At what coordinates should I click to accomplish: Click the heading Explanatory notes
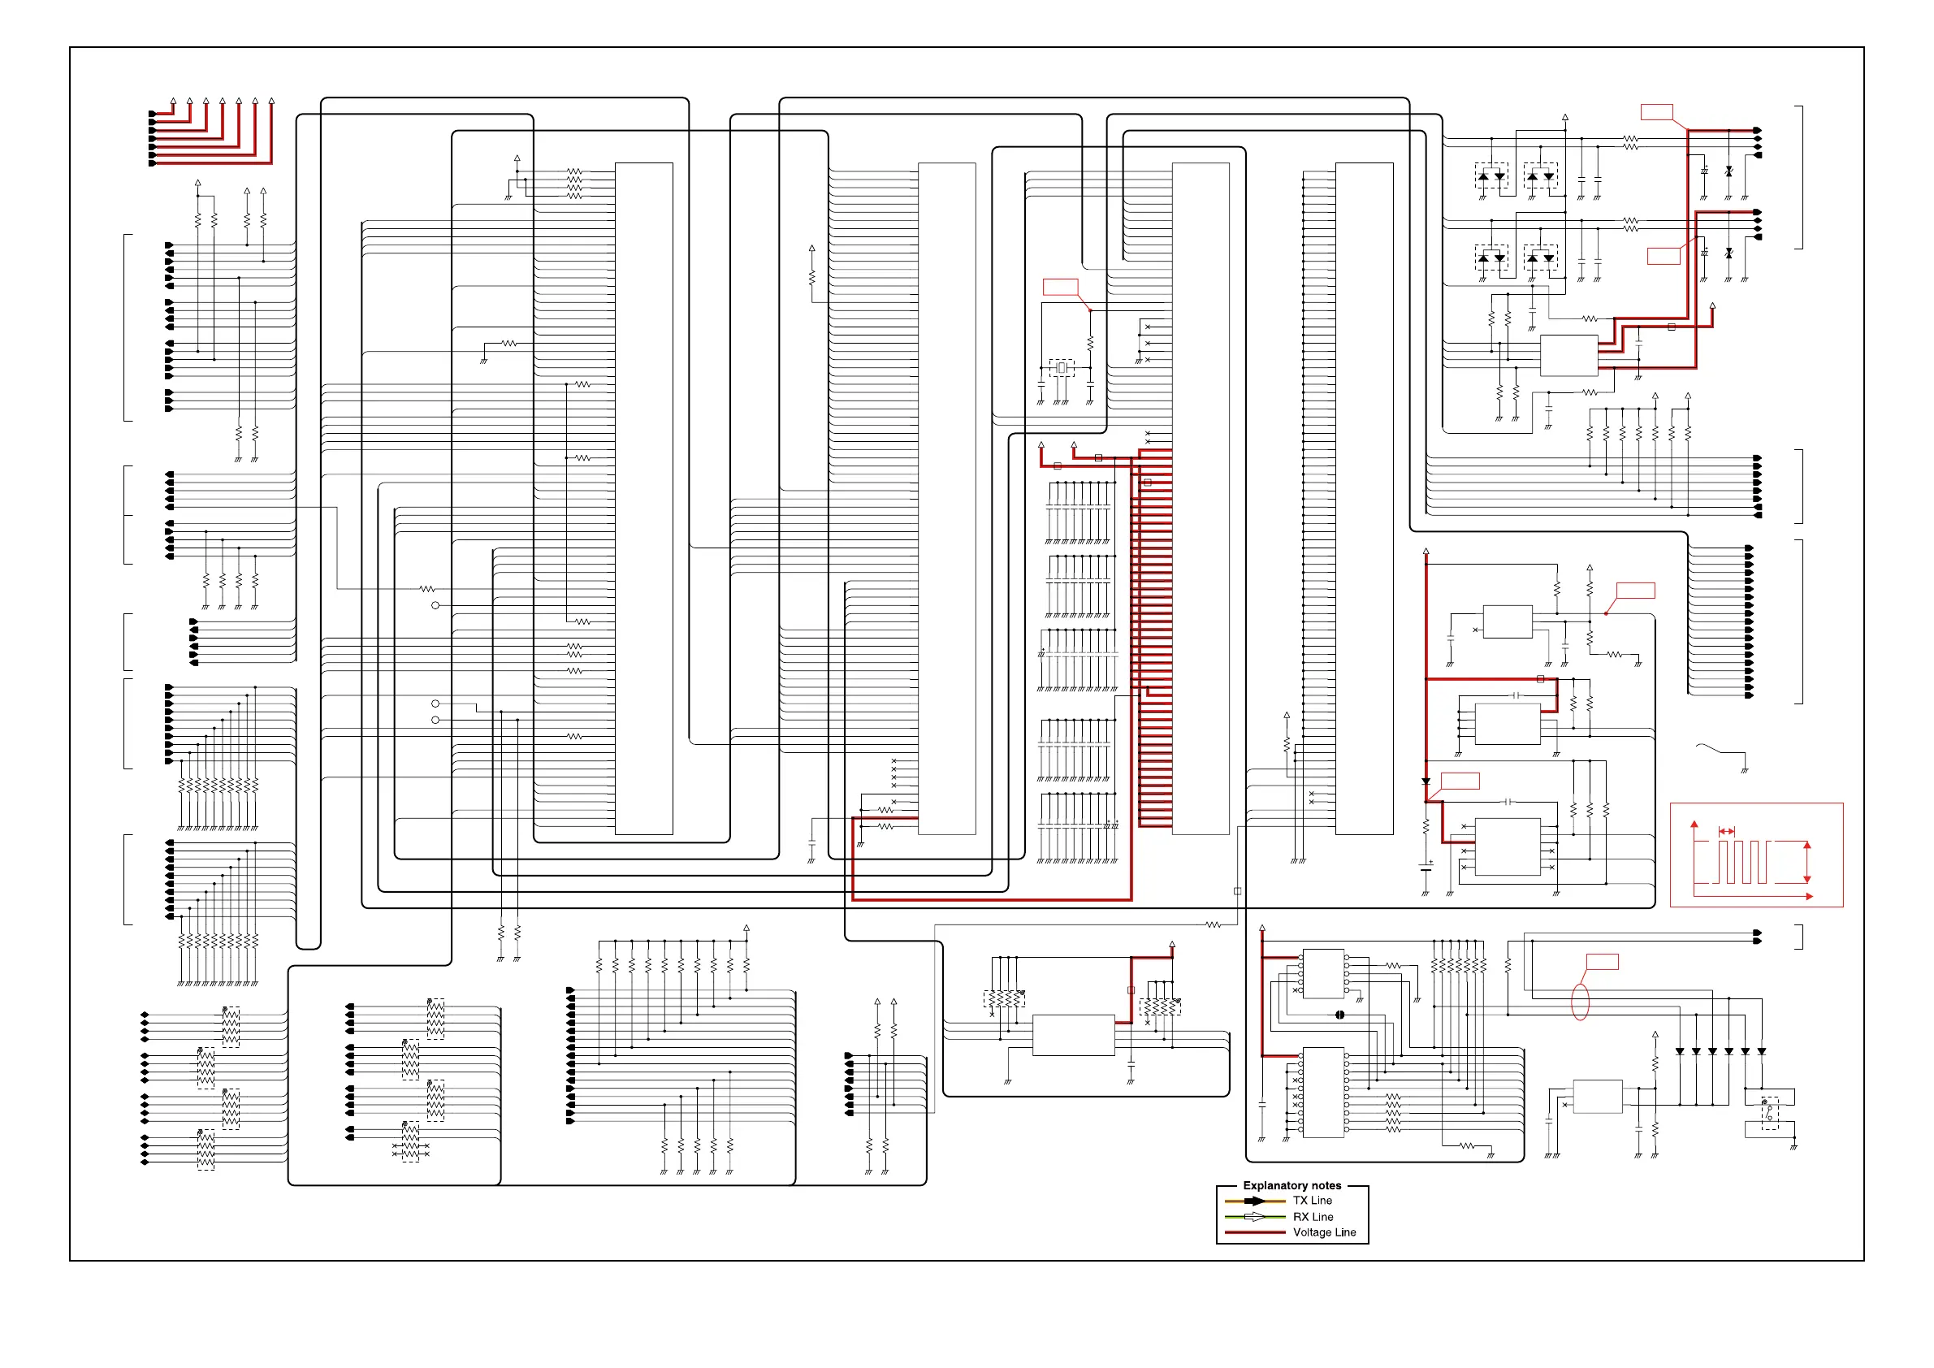pyautogui.click(x=1291, y=1185)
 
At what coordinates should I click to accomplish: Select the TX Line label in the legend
pyautogui.click(x=1313, y=1201)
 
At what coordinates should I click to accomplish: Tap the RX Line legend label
pyautogui.click(x=1313, y=1216)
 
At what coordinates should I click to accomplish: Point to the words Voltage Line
pyautogui.click(x=1324, y=1232)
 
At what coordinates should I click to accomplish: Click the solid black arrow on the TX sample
pyautogui.click(x=1254, y=1201)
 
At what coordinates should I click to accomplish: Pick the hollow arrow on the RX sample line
pyautogui.click(x=1254, y=1217)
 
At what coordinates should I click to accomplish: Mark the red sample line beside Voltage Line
pyautogui.click(x=1254, y=1232)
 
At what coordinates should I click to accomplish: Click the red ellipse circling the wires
pyautogui.click(x=1580, y=1002)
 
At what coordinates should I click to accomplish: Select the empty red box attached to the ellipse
pyautogui.click(x=1602, y=962)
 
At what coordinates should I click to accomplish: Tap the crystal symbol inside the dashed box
pyautogui.click(x=1062, y=368)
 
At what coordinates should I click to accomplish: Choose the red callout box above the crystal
pyautogui.click(x=1061, y=288)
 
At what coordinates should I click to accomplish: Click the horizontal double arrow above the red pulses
pyautogui.click(x=1727, y=831)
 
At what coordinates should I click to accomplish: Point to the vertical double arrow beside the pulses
pyautogui.click(x=1806, y=862)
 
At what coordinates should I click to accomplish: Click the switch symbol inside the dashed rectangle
pyautogui.click(x=1769, y=1113)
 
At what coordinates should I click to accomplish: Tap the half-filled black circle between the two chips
pyautogui.click(x=1339, y=1015)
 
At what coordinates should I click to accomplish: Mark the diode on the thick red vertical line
pyautogui.click(x=1426, y=782)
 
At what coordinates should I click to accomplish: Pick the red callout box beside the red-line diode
pyautogui.click(x=1460, y=781)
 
